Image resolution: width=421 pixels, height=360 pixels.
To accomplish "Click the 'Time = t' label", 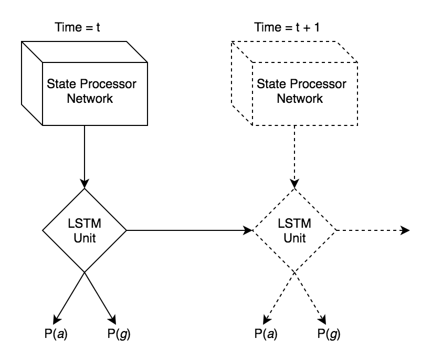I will (x=78, y=27).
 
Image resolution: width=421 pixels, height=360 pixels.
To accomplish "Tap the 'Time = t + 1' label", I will (x=287, y=27).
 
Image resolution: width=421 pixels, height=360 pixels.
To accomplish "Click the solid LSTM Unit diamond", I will (x=84, y=230).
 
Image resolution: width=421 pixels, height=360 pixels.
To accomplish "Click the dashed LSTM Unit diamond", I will (x=294, y=230).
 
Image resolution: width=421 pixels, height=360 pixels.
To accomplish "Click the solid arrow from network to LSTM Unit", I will (x=84, y=157).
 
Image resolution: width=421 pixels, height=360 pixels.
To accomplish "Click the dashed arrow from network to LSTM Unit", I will (x=294, y=157).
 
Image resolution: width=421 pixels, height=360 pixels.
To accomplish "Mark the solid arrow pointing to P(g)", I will (x=99, y=297).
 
